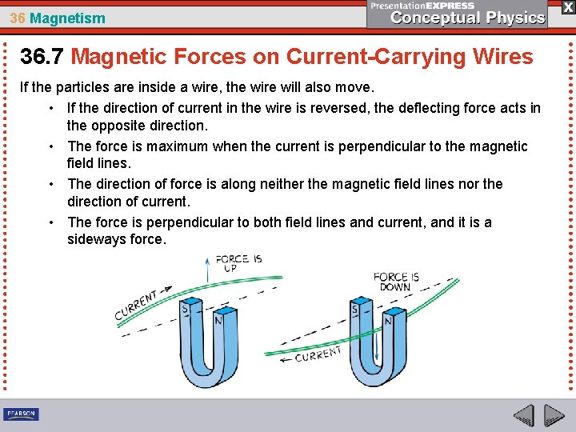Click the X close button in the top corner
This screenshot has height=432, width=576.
(567, 6)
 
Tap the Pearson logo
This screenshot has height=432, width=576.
(21, 414)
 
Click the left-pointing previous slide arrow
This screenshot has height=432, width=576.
(523, 415)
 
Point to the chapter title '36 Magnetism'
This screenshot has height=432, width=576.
(58, 18)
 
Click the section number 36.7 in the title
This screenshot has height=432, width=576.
(42, 57)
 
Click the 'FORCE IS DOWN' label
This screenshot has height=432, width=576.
(392, 282)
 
